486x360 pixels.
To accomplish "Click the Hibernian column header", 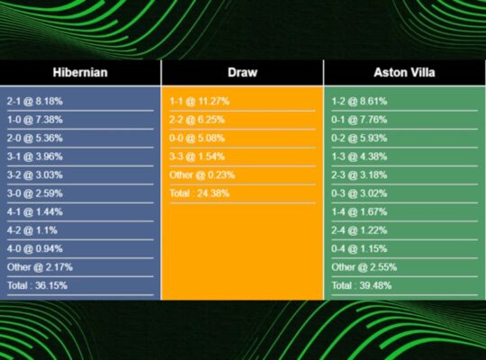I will tap(81, 72).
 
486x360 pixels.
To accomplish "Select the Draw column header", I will tap(242, 72).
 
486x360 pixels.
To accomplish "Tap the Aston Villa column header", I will tap(404, 72).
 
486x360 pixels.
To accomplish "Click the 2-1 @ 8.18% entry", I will tap(35, 101).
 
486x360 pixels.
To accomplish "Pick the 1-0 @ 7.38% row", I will tap(35, 120).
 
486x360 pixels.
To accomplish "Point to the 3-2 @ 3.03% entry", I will tap(35, 175).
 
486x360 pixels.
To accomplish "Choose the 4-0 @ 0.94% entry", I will tap(35, 248).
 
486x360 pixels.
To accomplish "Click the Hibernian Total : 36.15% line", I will tap(37, 285).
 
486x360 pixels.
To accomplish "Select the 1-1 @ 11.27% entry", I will tap(200, 101).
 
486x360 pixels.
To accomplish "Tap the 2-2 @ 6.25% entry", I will tap(197, 120).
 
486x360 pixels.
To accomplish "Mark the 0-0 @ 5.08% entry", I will tap(197, 138).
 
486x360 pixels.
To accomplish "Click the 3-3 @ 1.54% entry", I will tap(197, 157).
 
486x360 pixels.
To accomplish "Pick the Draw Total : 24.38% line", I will tap(199, 193).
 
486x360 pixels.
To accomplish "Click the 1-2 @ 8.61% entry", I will tap(359, 101).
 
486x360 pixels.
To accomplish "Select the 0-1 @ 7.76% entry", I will tap(359, 120).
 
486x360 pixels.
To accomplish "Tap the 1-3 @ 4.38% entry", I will tap(359, 157).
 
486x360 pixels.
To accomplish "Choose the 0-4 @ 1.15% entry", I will tap(359, 248).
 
